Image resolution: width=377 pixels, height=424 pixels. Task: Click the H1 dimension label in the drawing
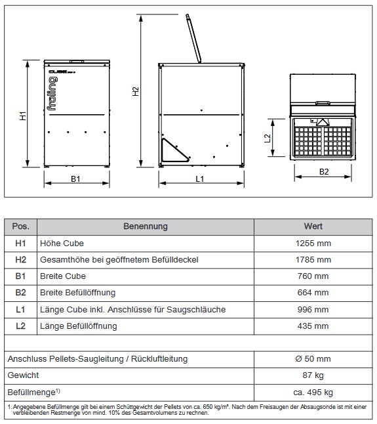tap(22, 116)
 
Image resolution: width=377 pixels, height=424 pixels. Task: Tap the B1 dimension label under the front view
tap(75, 179)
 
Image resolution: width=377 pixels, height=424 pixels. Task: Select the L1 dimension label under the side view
tap(201, 179)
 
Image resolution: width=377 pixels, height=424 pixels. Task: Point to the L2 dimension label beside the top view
tap(268, 138)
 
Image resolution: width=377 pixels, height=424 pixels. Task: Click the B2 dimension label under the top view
tap(324, 173)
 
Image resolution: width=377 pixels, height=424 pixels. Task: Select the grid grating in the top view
tap(325, 138)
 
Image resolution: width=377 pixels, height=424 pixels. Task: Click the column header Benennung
tap(146, 226)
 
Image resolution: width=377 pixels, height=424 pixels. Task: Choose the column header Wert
tap(313, 226)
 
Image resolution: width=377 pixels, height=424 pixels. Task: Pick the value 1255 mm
tap(313, 243)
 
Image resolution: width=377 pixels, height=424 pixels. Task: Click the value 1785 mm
tap(313, 259)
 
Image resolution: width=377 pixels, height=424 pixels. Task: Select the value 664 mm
tap(313, 293)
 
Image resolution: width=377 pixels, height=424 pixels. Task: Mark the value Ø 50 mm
tap(313, 358)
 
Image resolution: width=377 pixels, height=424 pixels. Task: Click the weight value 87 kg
tap(313, 375)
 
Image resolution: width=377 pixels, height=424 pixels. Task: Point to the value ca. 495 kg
tap(313, 392)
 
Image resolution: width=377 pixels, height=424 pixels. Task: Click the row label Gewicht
tap(24, 375)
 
